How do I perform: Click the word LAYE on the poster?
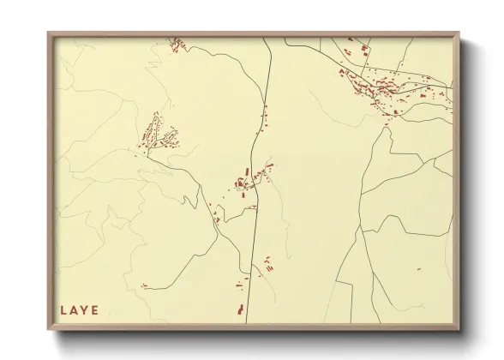[80, 310]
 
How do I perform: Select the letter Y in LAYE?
[85, 310]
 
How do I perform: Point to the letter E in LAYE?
[95, 310]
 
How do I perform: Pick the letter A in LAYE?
[75, 310]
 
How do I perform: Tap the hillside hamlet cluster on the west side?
[156, 135]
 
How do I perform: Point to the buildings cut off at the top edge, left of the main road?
[177, 42]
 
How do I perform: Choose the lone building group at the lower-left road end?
[145, 285]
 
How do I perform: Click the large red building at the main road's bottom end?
[241, 308]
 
